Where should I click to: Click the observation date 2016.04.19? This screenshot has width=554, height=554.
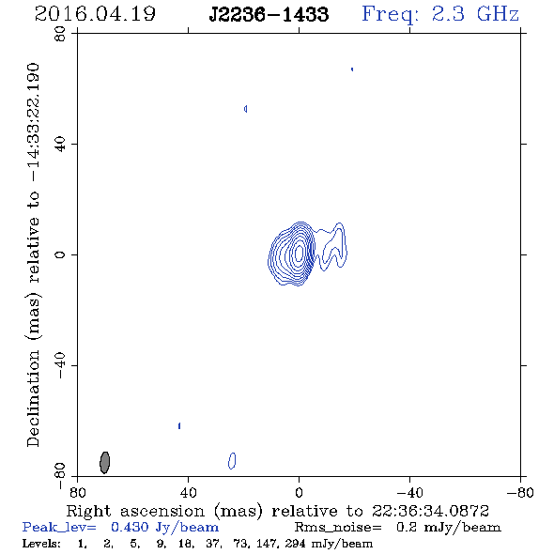[95, 14]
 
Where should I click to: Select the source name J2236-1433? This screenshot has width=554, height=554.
[269, 14]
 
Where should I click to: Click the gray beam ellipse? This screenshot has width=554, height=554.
[104, 462]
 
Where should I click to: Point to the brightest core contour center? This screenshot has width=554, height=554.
[299, 253]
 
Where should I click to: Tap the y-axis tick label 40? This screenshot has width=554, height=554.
[60, 145]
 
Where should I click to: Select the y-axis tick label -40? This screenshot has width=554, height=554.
[60, 365]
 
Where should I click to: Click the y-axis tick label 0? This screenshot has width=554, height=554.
[60, 254]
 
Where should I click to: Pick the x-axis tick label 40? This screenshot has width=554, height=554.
[188, 493]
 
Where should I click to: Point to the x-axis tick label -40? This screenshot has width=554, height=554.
[409, 493]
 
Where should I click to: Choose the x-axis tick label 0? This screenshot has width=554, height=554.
[299, 493]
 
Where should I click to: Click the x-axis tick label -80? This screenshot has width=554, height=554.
[520, 493]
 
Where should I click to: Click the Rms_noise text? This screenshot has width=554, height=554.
[338, 528]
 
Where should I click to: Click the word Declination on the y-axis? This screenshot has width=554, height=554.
[33, 398]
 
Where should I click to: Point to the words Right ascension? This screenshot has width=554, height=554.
[135, 511]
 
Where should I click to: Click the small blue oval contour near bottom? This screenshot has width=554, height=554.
[232, 461]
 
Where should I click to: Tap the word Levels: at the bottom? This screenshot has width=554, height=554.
[41, 543]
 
